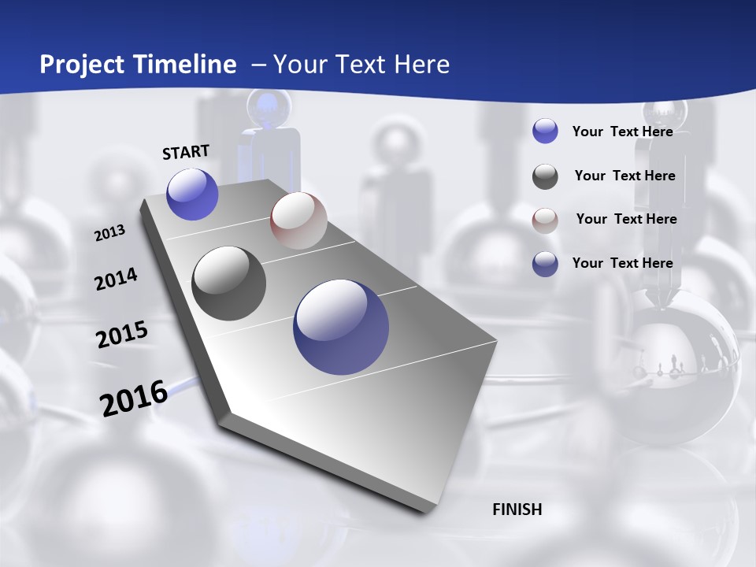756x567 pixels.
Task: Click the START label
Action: (186, 152)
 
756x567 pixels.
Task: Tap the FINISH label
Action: (517, 510)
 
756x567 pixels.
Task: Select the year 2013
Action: (109, 233)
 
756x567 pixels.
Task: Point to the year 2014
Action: (116, 279)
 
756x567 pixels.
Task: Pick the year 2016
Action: (134, 398)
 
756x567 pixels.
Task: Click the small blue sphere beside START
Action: (192, 194)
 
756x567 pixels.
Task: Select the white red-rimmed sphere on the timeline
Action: (298, 220)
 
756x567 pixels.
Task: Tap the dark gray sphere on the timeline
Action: (228, 283)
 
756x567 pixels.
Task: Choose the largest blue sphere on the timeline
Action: (341, 327)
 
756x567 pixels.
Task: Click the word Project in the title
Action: (80, 65)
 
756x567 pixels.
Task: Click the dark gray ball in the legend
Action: (545, 176)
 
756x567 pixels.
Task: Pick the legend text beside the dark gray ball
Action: (624, 176)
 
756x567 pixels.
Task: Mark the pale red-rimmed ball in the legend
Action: (545, 220)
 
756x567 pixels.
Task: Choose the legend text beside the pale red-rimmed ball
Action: (626, 219)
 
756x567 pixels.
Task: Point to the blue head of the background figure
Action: (269, 108)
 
